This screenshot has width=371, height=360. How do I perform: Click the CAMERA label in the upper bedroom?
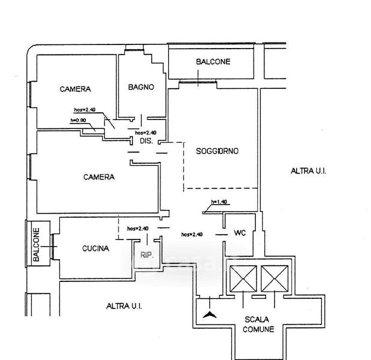click(76, 89)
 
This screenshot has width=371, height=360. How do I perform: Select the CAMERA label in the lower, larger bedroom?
click(98, 177)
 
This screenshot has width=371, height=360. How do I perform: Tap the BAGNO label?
click(141, 87)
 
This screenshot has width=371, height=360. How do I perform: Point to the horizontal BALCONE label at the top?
click(213, 62)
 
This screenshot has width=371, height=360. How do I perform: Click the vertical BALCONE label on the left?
click(36, 244)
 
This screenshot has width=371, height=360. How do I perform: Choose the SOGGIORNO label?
click(217, 151)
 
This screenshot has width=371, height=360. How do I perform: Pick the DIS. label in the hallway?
click(146, 142)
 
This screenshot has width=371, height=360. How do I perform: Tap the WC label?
click(240, 233)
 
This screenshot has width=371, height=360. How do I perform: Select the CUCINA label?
click(95, 248)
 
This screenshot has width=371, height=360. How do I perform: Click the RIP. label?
click(147, 254)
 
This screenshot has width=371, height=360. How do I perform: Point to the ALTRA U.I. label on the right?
click(308, 171)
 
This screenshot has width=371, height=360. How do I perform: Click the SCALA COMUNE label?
click(259, 324)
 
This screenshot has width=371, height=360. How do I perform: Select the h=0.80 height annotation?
click(79, 121)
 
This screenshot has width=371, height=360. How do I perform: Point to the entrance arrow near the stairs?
click(209, 314)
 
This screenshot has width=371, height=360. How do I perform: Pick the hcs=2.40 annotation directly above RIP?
click(138, 229)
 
